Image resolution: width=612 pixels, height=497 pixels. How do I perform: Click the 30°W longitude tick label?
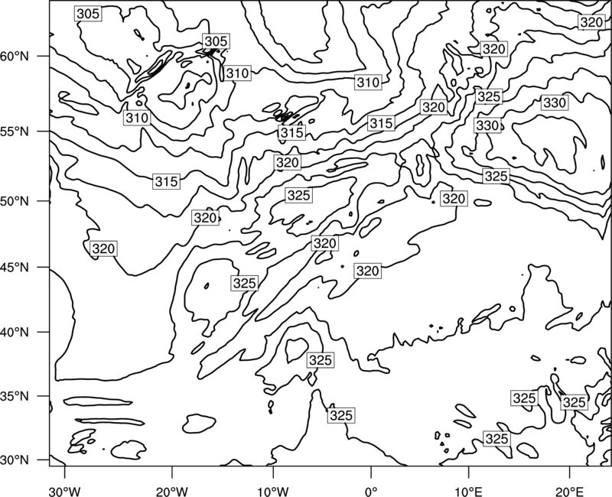click(x=65, y=489)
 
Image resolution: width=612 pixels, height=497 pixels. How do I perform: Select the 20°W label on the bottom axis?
click(x=172, y=489)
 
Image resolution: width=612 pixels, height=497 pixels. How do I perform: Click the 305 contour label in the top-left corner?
click(x=88, y=14)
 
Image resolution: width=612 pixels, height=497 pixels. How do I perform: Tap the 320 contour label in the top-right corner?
click(x=591, y=22)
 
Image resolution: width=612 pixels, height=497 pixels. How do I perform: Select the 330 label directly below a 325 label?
click(x=488, y=125)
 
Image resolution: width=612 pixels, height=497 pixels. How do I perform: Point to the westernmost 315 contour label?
click(x=167, y=181)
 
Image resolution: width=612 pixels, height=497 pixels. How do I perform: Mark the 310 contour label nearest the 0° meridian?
click(x=368, y=83)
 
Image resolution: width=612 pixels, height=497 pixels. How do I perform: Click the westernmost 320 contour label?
click(x=103, y=248)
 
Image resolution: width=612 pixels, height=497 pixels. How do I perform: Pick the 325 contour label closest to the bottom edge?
click(x=496, y=439)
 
